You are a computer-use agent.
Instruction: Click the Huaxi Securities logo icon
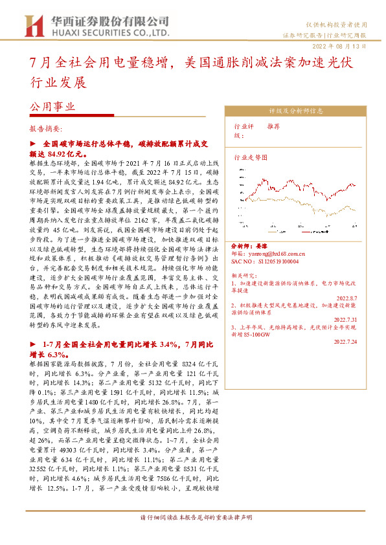[32, 25]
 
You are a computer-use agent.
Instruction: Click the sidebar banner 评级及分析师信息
[299, 111]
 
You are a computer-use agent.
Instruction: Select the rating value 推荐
[274, 127]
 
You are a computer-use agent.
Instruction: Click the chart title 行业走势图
[250, 157]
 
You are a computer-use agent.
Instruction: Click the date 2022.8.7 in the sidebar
[363, 296]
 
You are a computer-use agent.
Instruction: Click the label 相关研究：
[245, 275]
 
